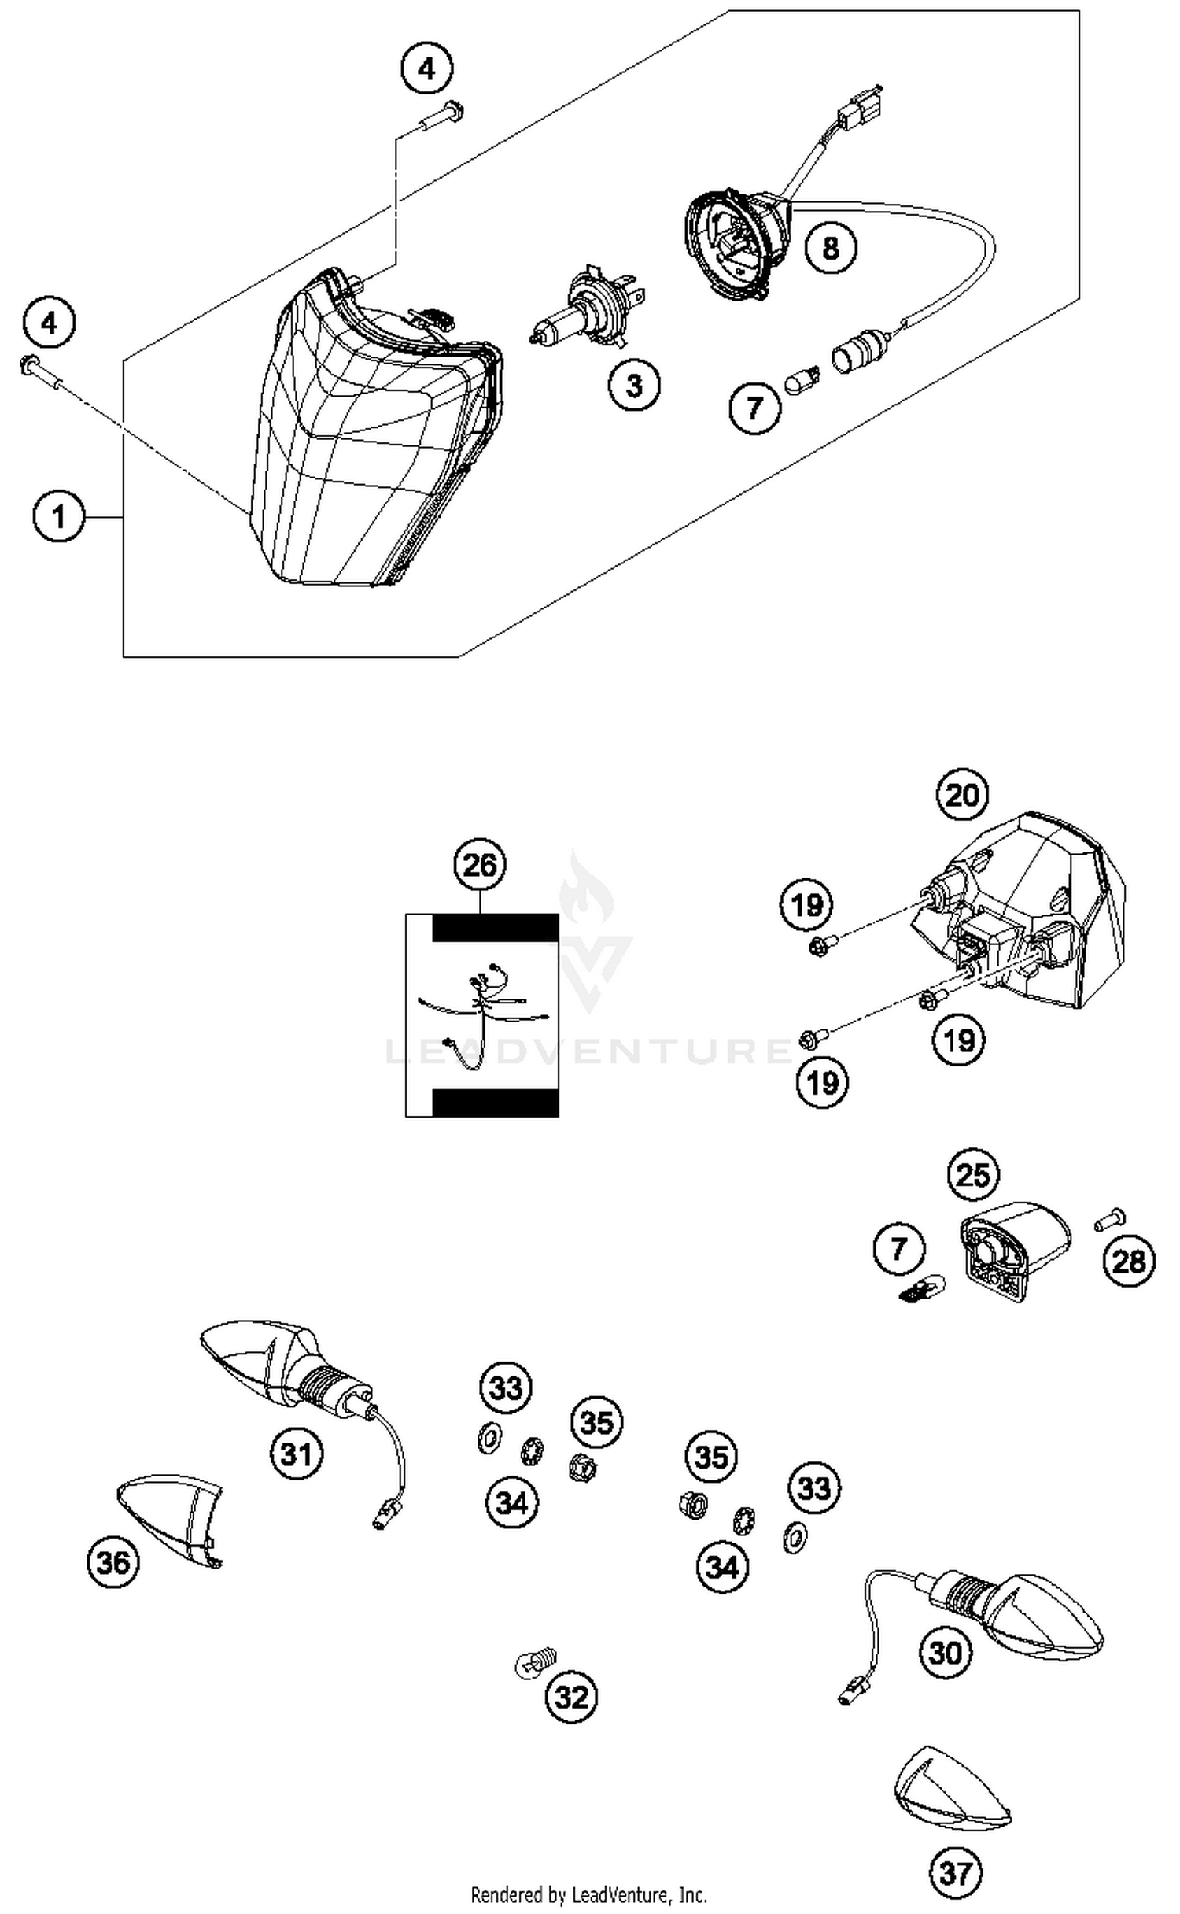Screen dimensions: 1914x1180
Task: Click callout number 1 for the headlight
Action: (x=58, y=517)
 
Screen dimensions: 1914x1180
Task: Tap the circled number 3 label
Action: (x=633, y=385)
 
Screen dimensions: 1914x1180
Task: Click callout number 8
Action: (x=831, y=248)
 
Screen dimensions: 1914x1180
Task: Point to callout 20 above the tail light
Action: (x=961, y=795)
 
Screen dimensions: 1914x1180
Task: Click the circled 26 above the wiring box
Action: (x=480, y=865)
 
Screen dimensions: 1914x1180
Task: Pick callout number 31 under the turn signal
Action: (x=297, y=1454)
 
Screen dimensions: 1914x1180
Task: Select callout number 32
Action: (x=571, y=1698)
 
